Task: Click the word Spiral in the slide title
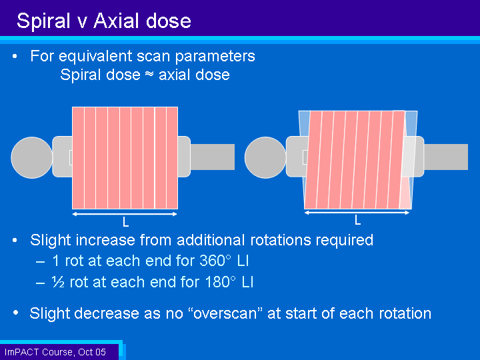coord(43,21)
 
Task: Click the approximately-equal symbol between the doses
coord(149,75)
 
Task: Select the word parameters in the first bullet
coord(215,57)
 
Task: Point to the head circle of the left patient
coord(32,157)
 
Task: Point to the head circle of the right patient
coord(265,157)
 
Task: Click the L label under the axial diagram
coord(125,222)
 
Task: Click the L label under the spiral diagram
coord(357,220)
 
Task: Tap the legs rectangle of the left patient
coord(213,157)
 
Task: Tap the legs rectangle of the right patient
coord(446,157)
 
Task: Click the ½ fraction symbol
coord(58,282)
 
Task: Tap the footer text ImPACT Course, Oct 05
coord(55,352)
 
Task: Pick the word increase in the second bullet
coord(105,240)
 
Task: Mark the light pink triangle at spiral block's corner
coord(405,197)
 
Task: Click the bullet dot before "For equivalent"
coord(15,56)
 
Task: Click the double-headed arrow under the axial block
coord(125,214)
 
